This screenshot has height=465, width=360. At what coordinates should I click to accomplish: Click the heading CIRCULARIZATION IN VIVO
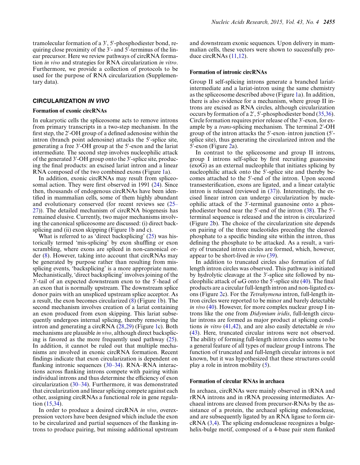tap(71, 101)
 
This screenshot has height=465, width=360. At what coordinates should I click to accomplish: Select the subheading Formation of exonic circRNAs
tap(69, 111)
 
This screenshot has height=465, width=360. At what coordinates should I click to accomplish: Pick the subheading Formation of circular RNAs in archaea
tap(237, 381)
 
